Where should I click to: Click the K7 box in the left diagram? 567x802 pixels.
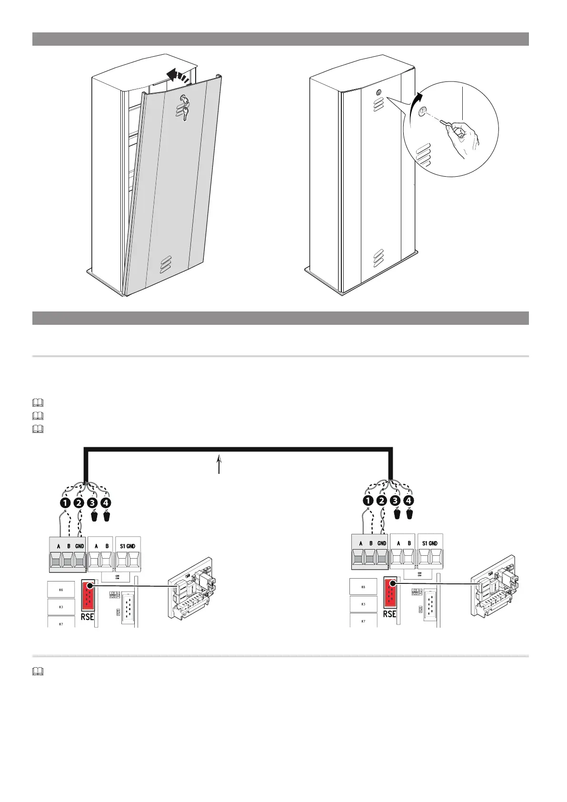(x=61, y=622)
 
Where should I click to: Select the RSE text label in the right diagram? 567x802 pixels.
(x=389, y=614)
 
